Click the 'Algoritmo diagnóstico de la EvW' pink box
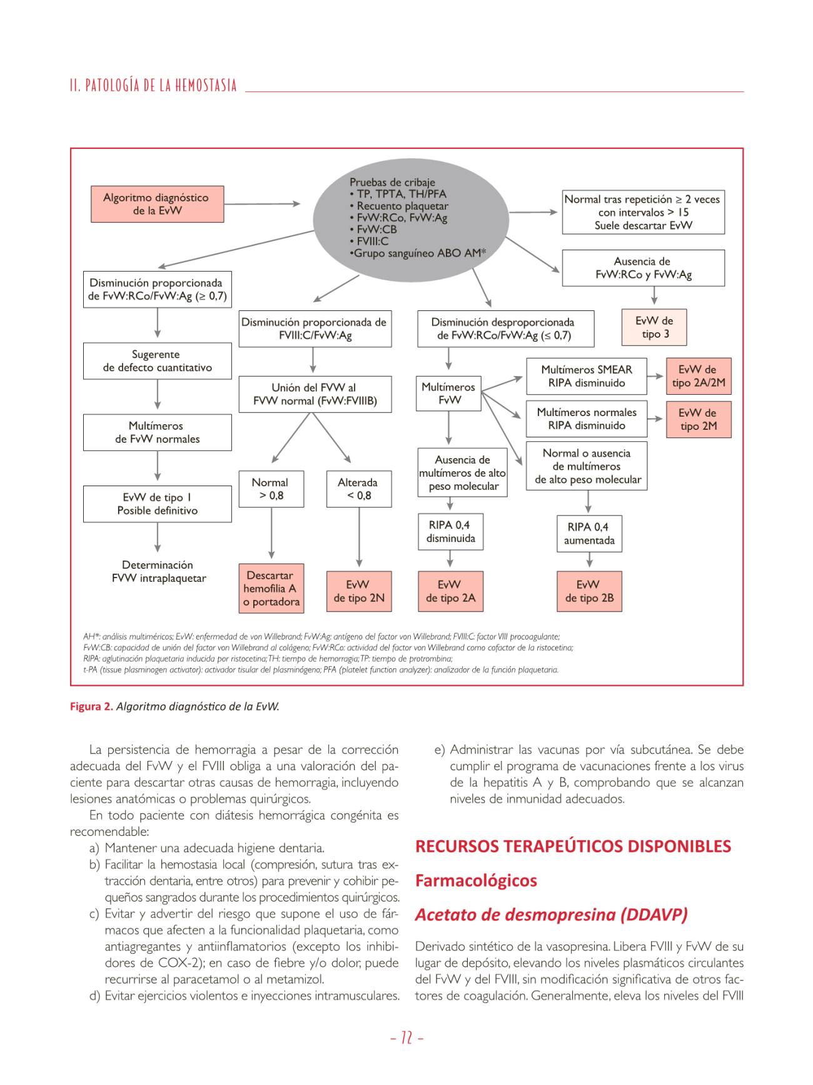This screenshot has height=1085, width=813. click(x=157, y=204)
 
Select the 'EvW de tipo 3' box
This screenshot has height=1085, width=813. click(x=654, y=327)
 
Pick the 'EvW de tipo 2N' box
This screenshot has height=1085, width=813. click(x=359, y=591)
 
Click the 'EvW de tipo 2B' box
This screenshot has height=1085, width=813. click(x=589, y=591)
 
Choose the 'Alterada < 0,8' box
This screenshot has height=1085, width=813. click(x=358, y=489)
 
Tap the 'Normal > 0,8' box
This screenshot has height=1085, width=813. click(x=271, y=489)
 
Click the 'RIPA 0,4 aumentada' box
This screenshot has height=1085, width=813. click(x=589, y=534)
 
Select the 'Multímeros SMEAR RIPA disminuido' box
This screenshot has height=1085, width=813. click(x=586, y=376)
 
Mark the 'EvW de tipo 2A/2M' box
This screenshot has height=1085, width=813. click(x=699, y=376)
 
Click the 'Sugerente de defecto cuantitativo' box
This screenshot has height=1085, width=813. click(x=158, y=361)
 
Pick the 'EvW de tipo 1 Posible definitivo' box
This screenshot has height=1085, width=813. click(x=158, y=504)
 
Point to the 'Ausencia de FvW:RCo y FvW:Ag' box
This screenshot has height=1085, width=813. click(x=643, y=268)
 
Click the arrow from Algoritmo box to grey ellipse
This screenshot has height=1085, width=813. click(x=262, y=204)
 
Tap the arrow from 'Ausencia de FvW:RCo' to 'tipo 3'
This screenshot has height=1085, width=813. click(x=654, y=297)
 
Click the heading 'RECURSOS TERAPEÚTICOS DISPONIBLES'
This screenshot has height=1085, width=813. click(x=573, y=847)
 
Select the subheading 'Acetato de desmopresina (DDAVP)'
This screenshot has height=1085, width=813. click(x=551, y=915)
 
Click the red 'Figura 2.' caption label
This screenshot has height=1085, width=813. click(x=91, y=706)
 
